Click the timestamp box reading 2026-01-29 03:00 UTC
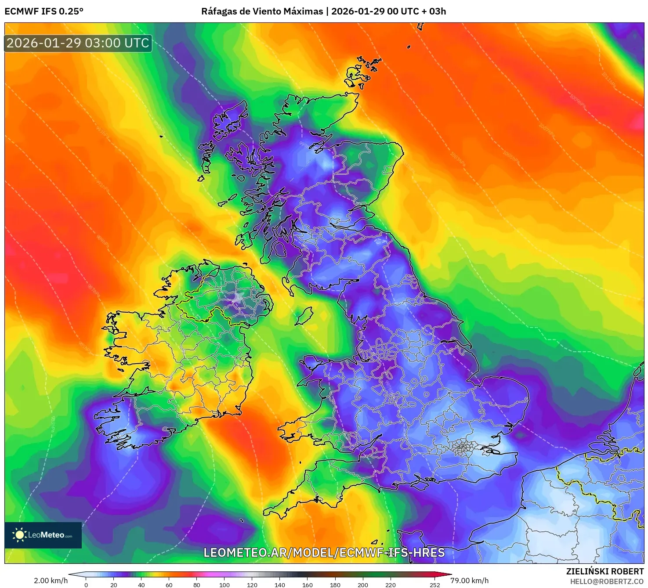pos(78,43)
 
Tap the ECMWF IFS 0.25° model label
pos(44,11)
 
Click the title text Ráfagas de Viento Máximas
pos(262,11)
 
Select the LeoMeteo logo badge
pos(43,535)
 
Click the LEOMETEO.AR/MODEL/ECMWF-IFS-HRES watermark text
pos(324,552)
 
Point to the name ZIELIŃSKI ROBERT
pos(605,571)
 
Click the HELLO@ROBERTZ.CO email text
pos(607,581)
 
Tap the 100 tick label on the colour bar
pos(224,584)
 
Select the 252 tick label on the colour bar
pos(434,584)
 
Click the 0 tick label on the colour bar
pos(86,584)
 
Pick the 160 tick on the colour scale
pos(308,584)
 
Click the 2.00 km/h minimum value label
pos(51,581)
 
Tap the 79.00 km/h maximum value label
pos(469,581)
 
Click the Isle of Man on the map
pos(304,316)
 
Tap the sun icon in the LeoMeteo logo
pos(19,534)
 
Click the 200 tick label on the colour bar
pos(363,584)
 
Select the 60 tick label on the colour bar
pos(169,584)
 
